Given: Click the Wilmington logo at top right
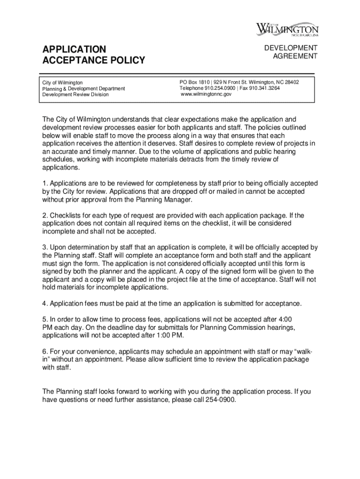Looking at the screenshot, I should click(287, 29).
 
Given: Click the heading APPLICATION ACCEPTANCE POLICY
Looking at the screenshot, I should click(94, 55).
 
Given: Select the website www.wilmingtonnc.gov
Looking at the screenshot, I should click(206, 94).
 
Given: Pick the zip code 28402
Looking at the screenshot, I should click(291, 82).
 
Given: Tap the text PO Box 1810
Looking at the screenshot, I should click(194, 82).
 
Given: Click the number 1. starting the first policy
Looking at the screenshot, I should click(45, 183).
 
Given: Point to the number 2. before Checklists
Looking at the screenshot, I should click(45, 215).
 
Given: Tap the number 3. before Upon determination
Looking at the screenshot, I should click(45, 247).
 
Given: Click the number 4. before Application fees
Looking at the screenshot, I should click(45, 304).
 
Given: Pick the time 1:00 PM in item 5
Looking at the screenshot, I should click(171, 335).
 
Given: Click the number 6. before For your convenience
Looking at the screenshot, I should click(45, 351).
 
